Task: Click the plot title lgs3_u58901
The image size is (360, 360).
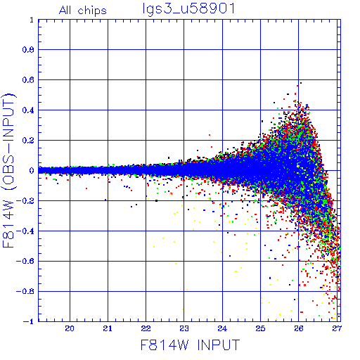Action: [188, 9]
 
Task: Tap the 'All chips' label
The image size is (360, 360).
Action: [83, 11]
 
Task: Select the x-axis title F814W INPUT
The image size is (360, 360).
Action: [190, 345]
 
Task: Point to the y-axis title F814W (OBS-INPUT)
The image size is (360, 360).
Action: [8, 170]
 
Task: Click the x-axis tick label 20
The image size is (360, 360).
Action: [70, 328]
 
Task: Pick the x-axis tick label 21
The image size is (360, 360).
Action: [108, 328]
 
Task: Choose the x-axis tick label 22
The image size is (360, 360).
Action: [146, 328]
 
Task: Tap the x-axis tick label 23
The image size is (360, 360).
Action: [184, 328]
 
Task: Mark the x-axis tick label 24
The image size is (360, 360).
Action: [222, 328]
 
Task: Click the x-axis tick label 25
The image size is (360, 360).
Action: [260, 328]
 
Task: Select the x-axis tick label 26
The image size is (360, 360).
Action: [299, 328]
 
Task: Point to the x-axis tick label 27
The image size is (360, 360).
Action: [337, 328]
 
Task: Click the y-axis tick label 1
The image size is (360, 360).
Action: [32, 20]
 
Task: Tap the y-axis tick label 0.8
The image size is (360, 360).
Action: [28, 50]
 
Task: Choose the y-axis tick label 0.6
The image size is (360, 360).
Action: [28, 80]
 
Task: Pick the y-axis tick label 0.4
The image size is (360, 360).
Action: [28, 110]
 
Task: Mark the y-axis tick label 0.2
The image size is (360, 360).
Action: [28, 141]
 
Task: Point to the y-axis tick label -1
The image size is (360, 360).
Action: [29, 321]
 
